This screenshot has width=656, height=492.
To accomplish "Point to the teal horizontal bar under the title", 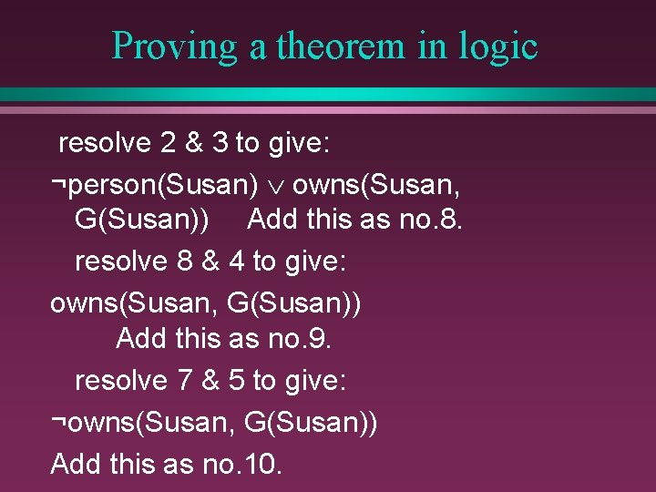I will coord(328,95).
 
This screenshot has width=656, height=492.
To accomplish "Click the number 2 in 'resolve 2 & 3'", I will coord(167,143).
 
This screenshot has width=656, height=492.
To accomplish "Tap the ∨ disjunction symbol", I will coord(275,187).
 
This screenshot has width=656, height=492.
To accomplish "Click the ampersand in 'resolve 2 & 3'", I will coord(192,143).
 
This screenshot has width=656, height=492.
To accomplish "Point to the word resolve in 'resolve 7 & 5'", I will coord(121,380).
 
